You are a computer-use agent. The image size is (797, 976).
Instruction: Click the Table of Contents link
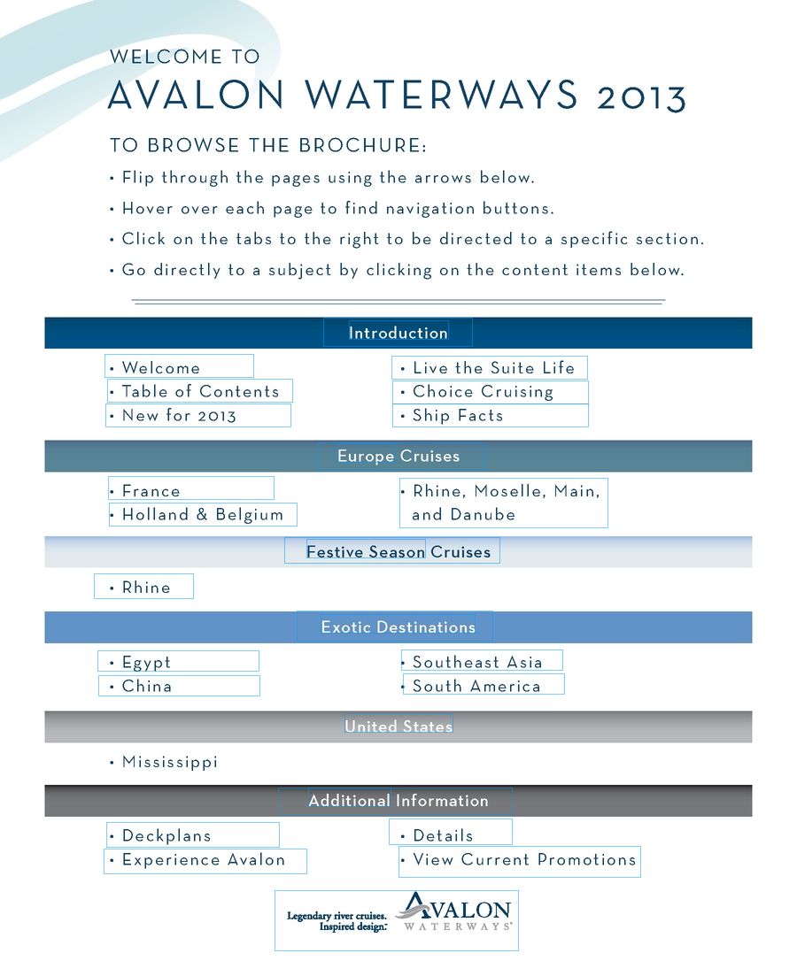(200, 391)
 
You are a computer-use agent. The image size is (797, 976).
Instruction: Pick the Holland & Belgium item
(203, 514)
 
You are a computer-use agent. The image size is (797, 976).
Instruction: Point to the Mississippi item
(169, 762)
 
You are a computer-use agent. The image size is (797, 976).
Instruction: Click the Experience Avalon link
(204, 859)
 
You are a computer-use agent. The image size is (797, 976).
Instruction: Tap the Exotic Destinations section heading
(398, 627)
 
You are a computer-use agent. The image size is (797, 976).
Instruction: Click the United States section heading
(398, 726)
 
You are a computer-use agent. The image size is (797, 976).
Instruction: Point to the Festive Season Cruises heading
(398, 552)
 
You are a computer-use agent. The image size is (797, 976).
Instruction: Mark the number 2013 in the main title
(641, 97)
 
